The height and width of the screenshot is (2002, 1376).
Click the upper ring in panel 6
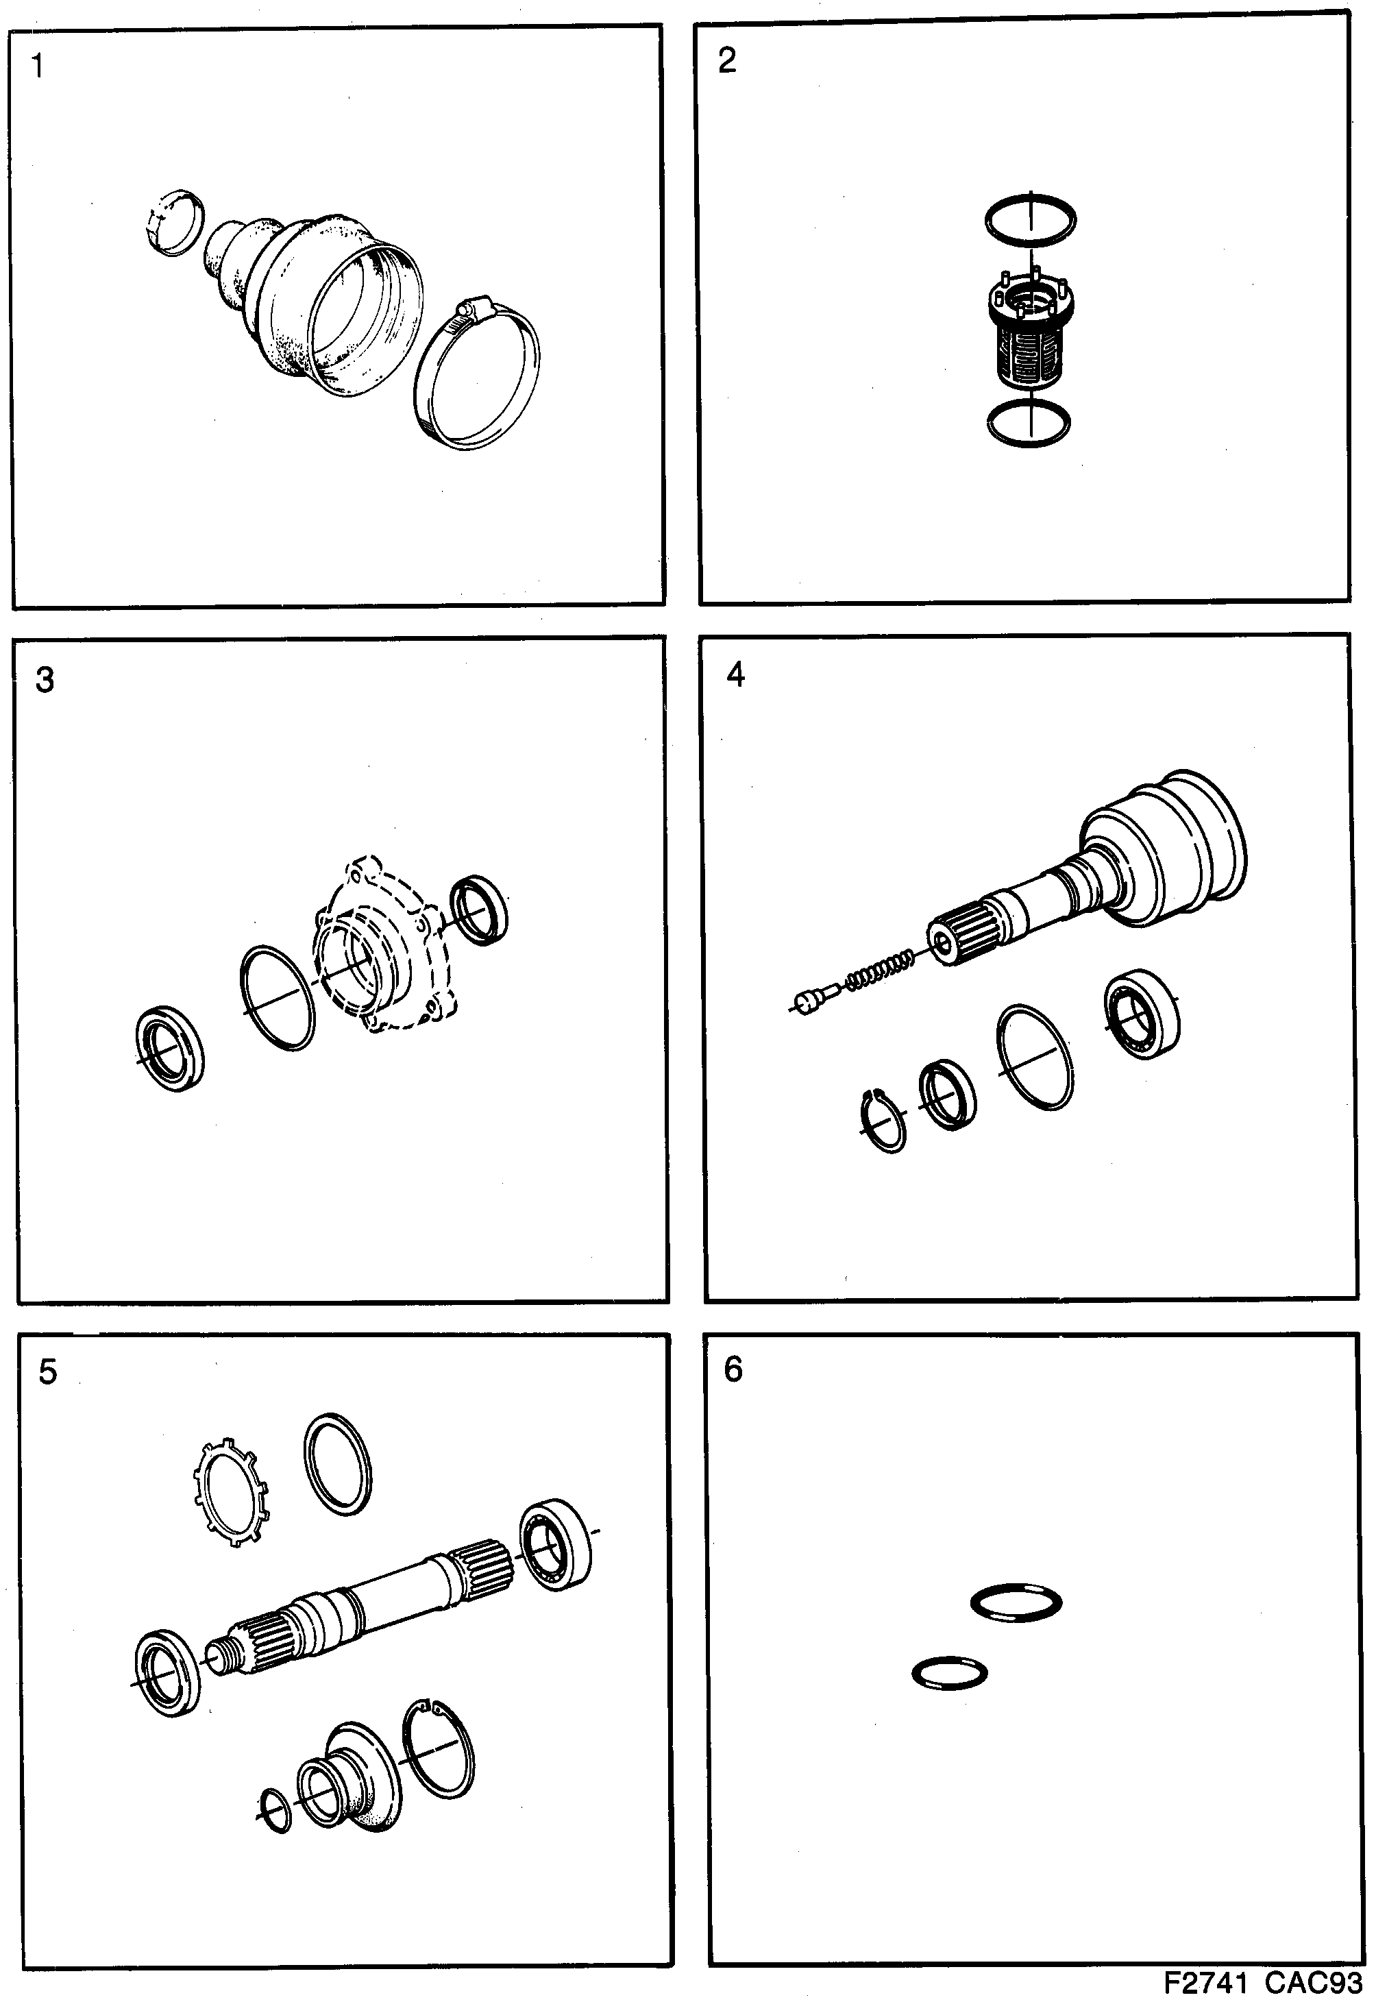click(1016, 1603)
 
